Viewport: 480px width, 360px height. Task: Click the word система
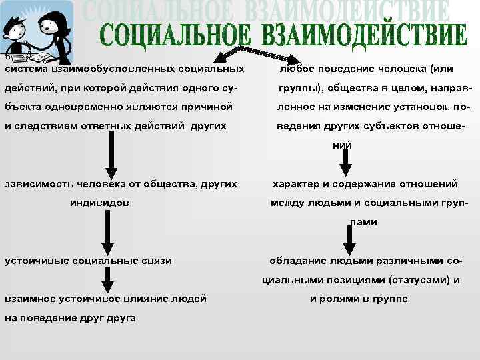tap(25, 69)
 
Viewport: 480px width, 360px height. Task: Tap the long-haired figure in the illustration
tap(55, 30)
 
